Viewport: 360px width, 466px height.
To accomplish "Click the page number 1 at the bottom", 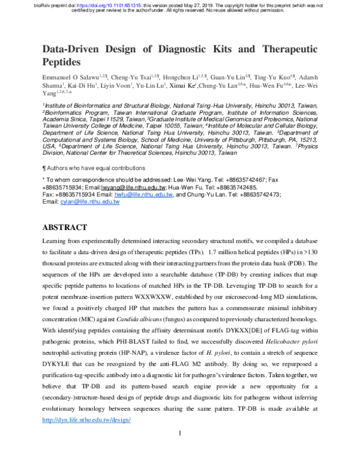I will click(x=180, y=433).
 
